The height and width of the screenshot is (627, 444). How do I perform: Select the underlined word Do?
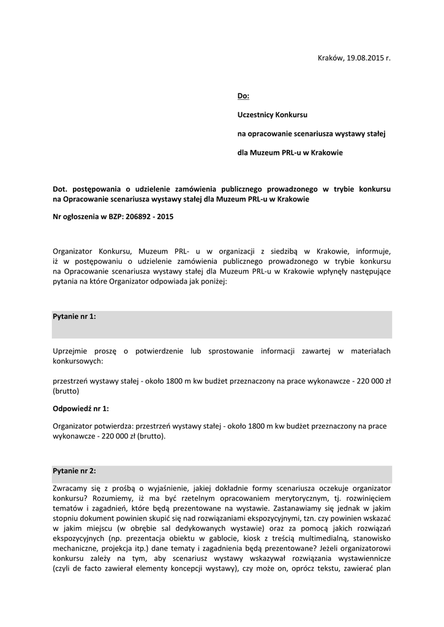tap(243, 96)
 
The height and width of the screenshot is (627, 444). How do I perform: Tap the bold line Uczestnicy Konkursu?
tap(272, 115)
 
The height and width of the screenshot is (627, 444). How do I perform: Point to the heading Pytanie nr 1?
tap(75, 317)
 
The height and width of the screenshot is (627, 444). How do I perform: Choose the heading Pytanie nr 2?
tap(75, 471)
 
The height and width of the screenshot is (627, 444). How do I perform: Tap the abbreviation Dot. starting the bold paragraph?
tap(62, 190)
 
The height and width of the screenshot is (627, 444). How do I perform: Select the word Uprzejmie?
tap(72, 351)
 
